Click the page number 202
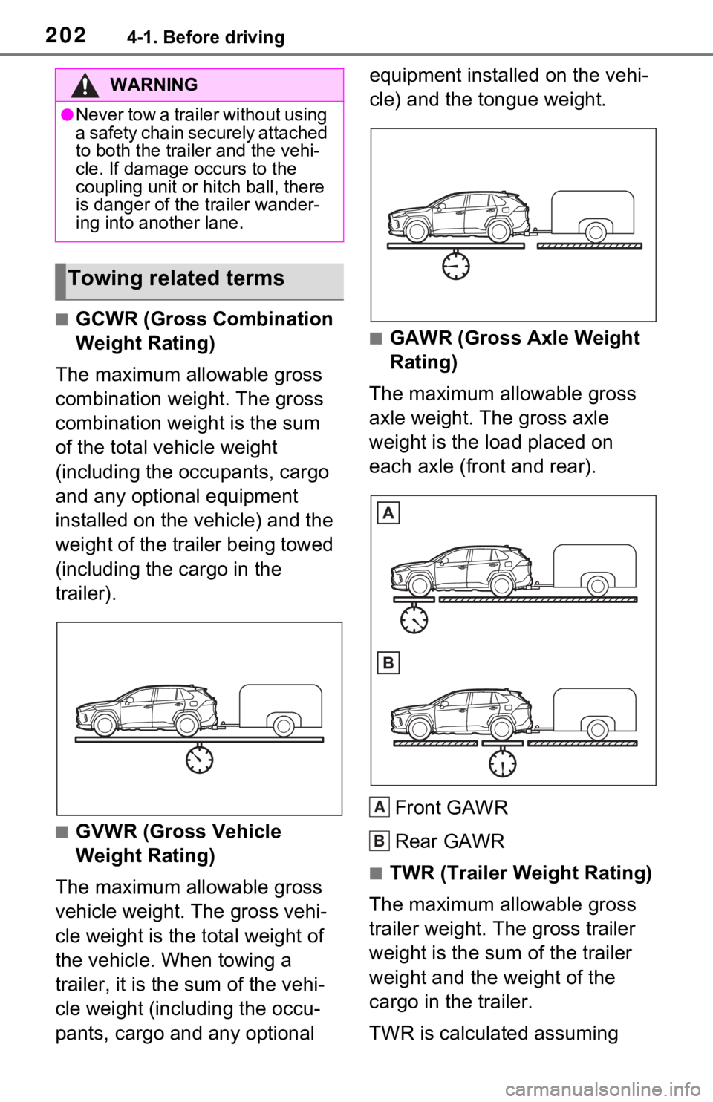pos(65,35)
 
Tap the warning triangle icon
pos(85,85)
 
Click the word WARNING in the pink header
pos(154,85)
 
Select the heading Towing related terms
pos(176,278)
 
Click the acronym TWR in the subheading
pos(412,873)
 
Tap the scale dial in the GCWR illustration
pos(199,760)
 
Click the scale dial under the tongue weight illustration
pos(455,266)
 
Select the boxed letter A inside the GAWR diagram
pos(388,513)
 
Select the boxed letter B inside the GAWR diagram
pos(388,663)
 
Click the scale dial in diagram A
pos(414,620)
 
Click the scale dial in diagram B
pos(502,764)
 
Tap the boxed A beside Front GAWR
pos(380,807)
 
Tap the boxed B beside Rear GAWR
pos(380,841)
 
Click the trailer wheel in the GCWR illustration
pos(284,726)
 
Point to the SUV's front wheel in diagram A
pos(420,585)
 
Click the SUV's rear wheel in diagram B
pos(501,729)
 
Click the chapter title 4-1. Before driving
pos(206,37)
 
